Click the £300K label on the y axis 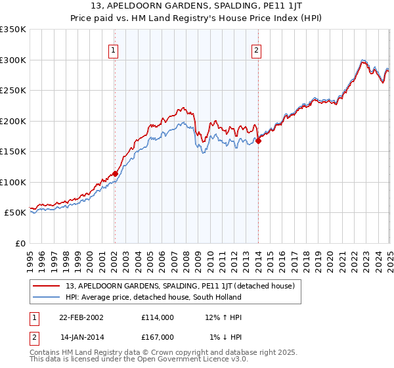tap(13, 60)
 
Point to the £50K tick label tap(15, 213)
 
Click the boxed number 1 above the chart tap(114, 50)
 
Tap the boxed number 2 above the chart tap(256, 50)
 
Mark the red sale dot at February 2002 tap(115, 173)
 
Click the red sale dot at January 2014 tap(259, 140)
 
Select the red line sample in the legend tap(47, 286)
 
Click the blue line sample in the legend tap(47, 297)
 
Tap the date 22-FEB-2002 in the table tap(81, 317)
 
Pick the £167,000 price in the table tap(158, 337)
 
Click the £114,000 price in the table tap(158, 317)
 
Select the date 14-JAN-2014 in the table tap(81, 337)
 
